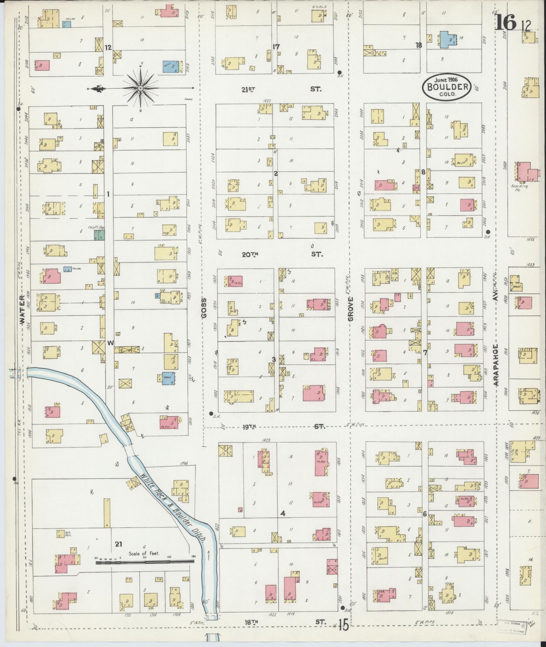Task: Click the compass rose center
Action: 140,88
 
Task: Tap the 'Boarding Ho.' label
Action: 521,188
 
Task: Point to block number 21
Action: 118,544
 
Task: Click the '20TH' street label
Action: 250,255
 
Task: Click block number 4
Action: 283,523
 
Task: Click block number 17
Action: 276,47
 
